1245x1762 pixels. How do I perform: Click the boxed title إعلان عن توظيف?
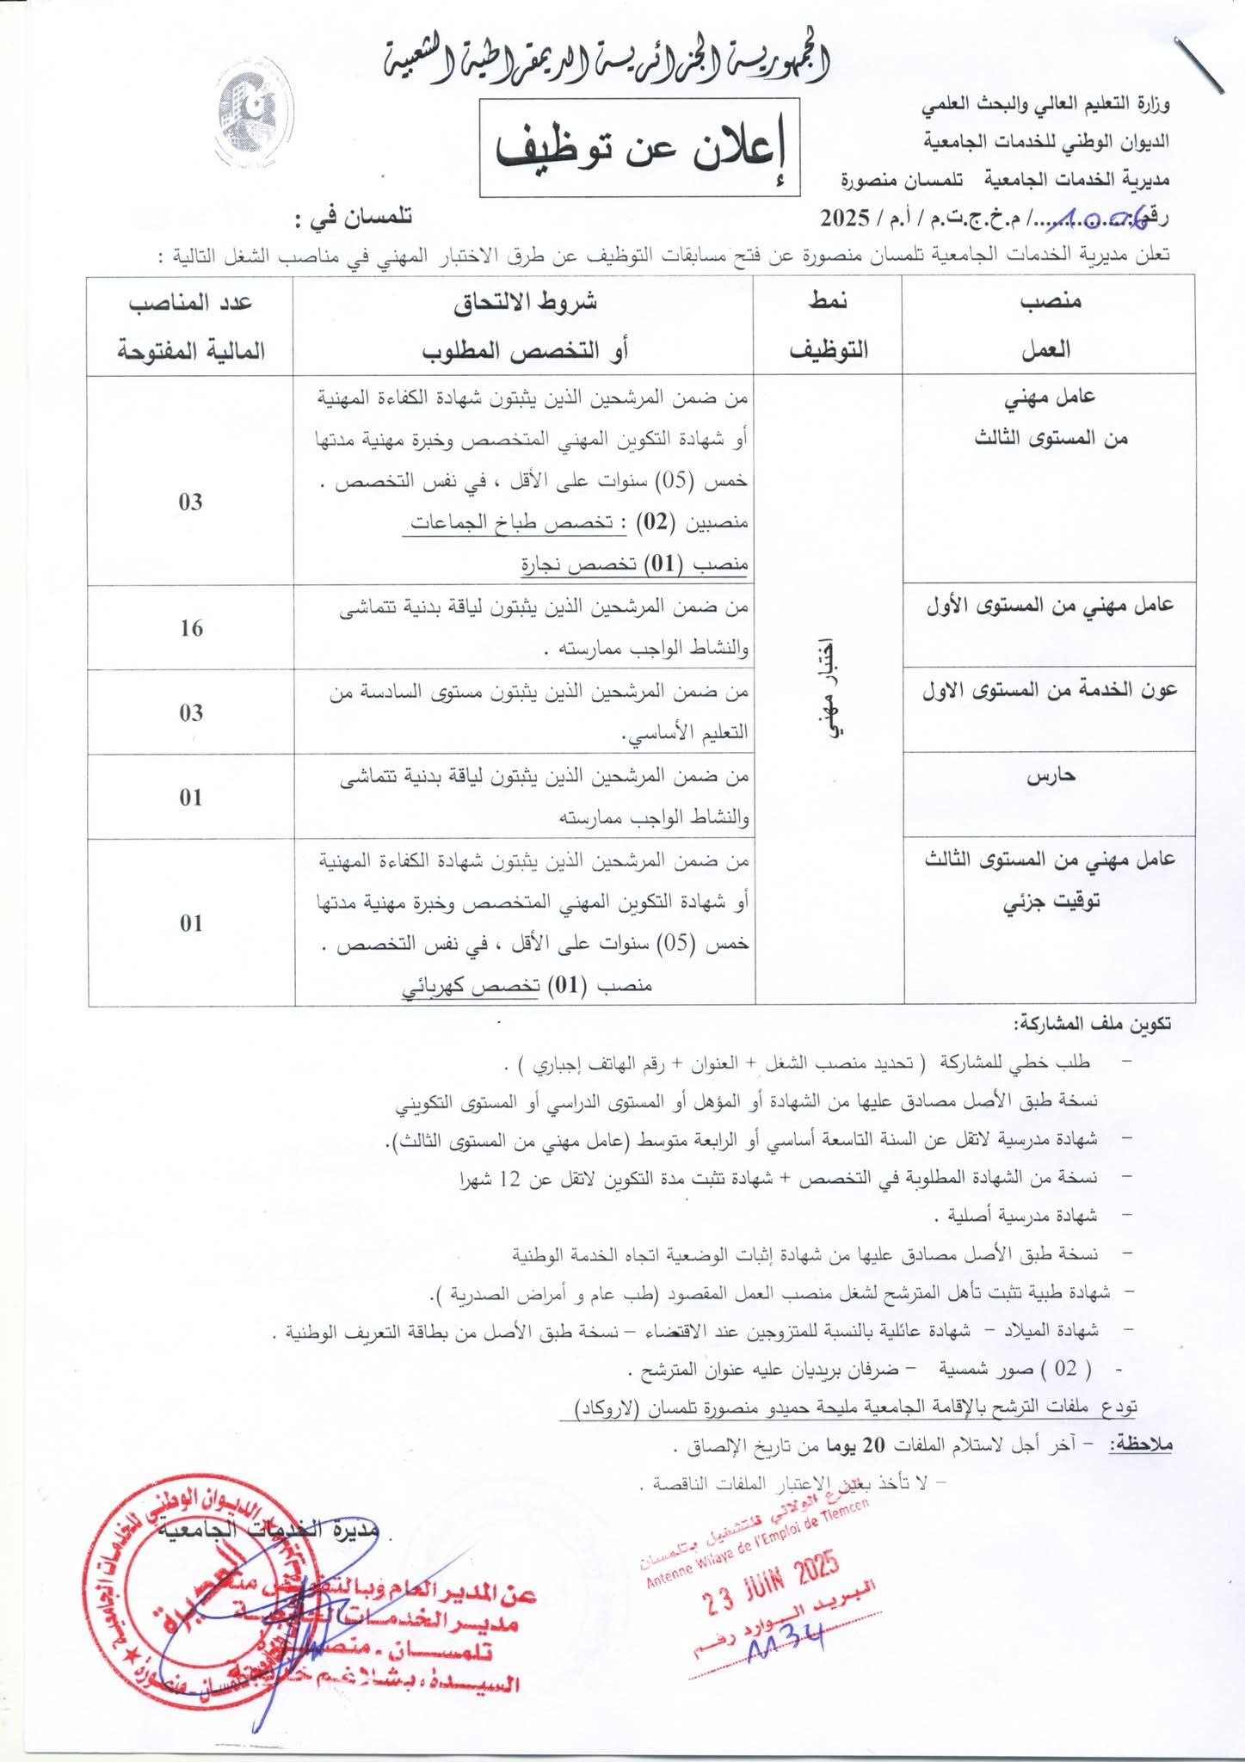(x=639, y=147)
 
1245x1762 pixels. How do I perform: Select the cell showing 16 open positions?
(x=191, y=628)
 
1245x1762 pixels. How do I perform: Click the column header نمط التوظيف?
(x=829, y=324)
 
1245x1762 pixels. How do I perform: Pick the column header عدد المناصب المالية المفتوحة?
(x=191, y=326)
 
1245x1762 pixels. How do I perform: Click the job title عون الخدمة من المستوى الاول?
(x=1051, y=691)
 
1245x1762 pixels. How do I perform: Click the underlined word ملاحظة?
(x=1141, y=1445)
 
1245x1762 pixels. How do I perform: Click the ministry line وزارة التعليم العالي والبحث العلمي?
(x=1045, y=105)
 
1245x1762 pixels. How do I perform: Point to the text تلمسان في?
(x=353, y=219)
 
